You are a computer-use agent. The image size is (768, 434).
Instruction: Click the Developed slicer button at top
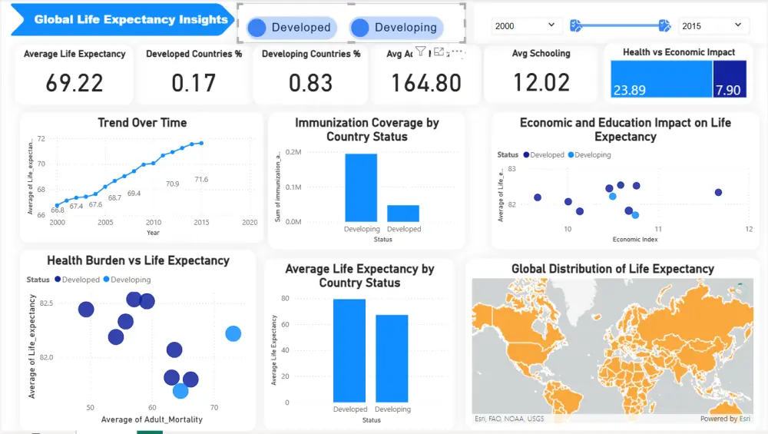click(291, 28)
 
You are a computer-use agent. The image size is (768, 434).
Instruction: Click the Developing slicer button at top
click(396, 28)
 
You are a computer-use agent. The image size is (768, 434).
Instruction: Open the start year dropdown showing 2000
click(527, 26)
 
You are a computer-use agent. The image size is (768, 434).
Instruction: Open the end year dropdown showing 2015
click(713, 26)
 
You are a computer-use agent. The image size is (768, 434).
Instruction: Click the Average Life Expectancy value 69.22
click(74, 83)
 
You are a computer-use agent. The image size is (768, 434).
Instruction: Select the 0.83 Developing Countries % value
click(311, 83)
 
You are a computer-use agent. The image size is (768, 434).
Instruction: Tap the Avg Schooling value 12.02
click(541, 83)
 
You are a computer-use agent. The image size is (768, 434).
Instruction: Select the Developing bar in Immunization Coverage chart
click(361, 187)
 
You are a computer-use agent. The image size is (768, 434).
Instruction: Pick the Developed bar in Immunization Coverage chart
click(403, 213)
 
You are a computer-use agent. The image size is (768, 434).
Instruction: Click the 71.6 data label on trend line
click(201, 180)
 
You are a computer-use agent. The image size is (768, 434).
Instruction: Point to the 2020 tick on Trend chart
click(250, 223)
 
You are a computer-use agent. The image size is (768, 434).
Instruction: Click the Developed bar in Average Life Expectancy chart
click(349, 350)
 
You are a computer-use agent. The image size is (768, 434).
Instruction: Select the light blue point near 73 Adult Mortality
click(233, 333)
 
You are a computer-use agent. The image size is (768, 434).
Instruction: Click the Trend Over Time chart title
click(142, 123)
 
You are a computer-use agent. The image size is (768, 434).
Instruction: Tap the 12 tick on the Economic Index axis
click(748, 230)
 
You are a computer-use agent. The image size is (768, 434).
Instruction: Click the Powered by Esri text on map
click(725, 419)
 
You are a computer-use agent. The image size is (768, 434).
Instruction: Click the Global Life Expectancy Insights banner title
click(131, 20)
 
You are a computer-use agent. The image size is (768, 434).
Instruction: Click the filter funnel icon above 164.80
click(421, 51)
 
